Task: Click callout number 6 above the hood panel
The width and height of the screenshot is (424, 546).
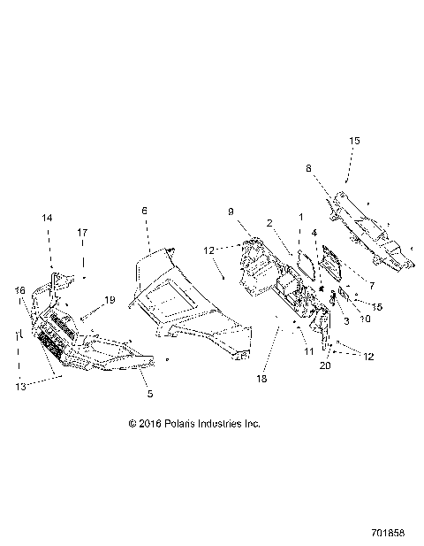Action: tap(145, 211)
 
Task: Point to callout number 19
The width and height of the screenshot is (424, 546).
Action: tap(110, 300)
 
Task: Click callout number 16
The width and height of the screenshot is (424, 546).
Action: tap(19, 290)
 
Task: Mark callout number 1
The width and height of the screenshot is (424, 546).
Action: tap(300, 217)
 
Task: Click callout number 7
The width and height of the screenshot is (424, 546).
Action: tap(372, 287)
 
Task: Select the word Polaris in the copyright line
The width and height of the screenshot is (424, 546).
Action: tap(181, 424)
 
